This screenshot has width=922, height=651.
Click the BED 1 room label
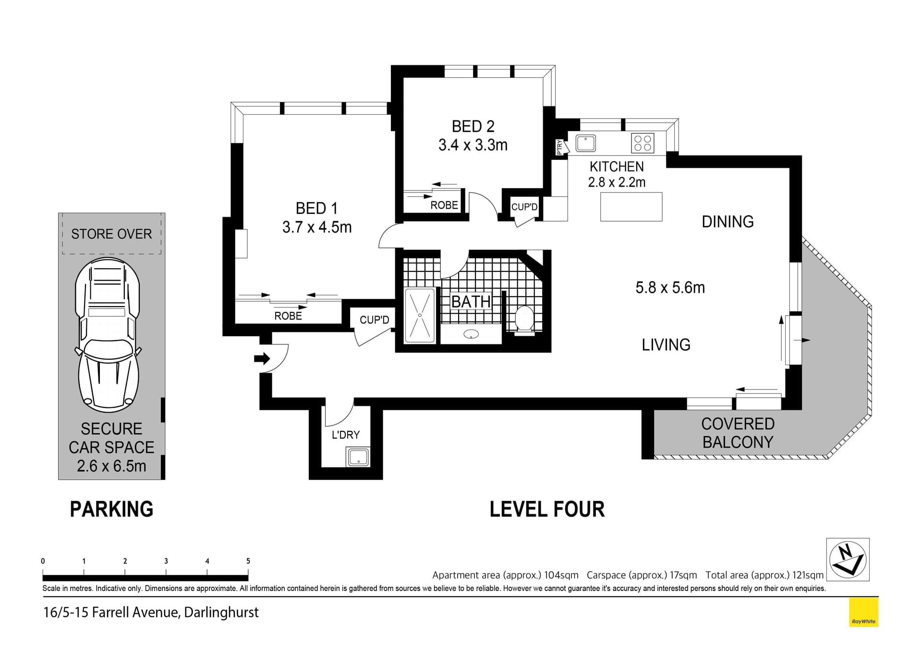click(x=316, y=208)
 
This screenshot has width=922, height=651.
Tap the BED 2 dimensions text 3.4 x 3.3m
click(x=473, y=145)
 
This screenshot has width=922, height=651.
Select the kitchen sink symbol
click(x=585, y=143)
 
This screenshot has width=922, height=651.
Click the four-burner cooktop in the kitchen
click(x=643, y=143)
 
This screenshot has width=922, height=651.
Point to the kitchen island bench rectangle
click(x=631, y=207)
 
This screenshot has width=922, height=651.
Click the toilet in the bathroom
click(x=524, y=319)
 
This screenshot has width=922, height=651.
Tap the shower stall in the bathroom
click(x=420, y=315)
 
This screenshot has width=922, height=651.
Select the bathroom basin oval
click(x=471, y=334)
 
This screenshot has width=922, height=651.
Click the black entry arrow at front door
click(x=262, y=358)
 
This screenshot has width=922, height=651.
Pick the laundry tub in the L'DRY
click(x=358, y=457)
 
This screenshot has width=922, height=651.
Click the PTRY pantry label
click(x=559, y=147)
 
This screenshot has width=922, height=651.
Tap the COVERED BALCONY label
click(x=738, y=433)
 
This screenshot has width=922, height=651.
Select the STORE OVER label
click(x=111, y=234)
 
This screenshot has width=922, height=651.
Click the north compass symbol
click(x=848, y=559)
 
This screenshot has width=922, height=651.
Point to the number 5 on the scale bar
click(x=248, y=561)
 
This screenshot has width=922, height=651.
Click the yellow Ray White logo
click(x=863, y=612)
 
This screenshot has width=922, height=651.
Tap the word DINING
click(x=727, y=222)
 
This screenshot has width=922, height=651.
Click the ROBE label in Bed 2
click(x=444, y=205)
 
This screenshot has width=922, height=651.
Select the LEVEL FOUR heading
click(x=546, y=509)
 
